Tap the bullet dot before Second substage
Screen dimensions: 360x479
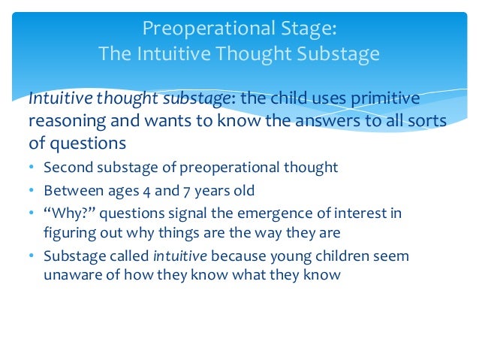point(32,168)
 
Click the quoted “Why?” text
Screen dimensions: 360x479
point(65,213)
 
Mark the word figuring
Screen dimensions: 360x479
point(67,231)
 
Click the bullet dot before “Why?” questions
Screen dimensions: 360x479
point(32,213)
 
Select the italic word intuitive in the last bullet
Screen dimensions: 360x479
point(179,256)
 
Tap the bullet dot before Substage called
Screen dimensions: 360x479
point(32,256)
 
